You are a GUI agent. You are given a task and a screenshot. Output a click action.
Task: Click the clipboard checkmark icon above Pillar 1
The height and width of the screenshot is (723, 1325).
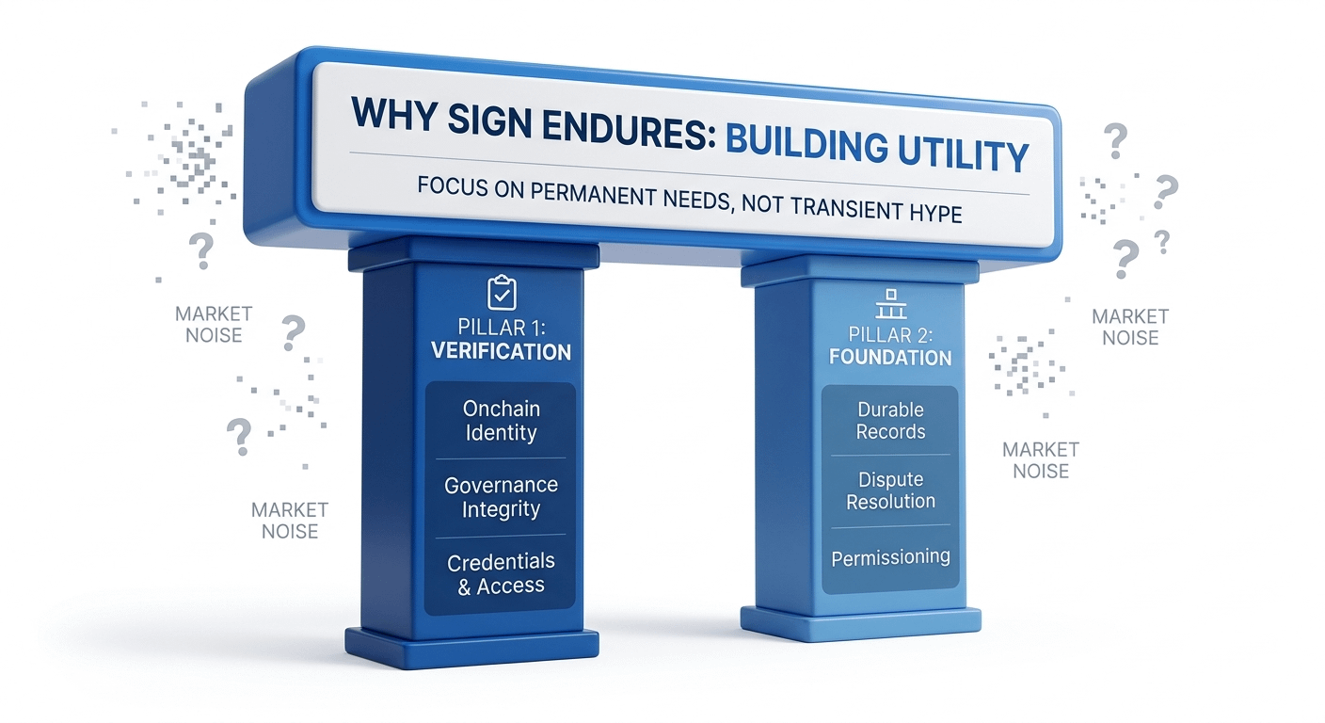pyautogui.click(x=502, y=293)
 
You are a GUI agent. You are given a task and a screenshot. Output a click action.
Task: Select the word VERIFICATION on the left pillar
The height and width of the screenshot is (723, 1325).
pyautogui.click(x=501, y=352)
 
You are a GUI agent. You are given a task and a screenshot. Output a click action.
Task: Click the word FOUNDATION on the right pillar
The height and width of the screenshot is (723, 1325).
pyautogui.click(x=890, y=358)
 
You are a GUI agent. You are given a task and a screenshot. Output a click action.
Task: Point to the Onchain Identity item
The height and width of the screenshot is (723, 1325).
pyautogui.click(x=500, y=421)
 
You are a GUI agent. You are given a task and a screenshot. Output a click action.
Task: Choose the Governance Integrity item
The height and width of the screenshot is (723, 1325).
pyautogui.click(x=501, y=497)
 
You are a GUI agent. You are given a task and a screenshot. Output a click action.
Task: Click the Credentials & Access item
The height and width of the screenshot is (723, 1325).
pyautogui.click(x=501, y=573)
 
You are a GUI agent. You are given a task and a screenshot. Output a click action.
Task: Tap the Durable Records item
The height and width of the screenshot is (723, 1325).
pyautogui.click(x=890, y=421)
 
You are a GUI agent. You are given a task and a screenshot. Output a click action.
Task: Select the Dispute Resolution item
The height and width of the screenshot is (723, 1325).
pyautogui.click(x=890, y=490)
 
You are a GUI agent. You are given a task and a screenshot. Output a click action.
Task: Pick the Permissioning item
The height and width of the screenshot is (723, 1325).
pyautogui.click(x=890, y=557)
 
